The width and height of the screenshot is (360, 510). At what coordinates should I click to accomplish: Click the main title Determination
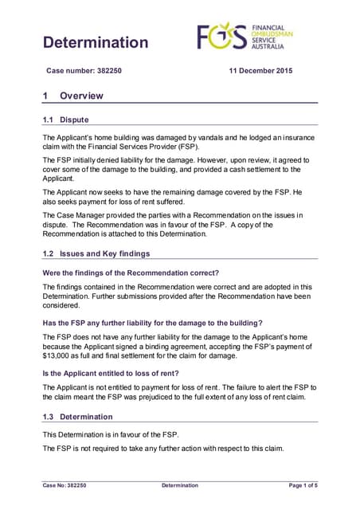95,42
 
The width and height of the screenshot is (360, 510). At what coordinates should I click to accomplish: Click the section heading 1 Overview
72,96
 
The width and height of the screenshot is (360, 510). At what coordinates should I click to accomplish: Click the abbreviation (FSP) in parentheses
211,148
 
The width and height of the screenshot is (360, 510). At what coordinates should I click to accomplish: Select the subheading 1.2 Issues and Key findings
96,253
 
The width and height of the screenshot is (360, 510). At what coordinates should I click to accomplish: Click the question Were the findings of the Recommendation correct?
130,273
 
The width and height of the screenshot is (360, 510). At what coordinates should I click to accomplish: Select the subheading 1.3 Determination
77,417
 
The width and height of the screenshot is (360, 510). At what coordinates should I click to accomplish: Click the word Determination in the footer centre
180,485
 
